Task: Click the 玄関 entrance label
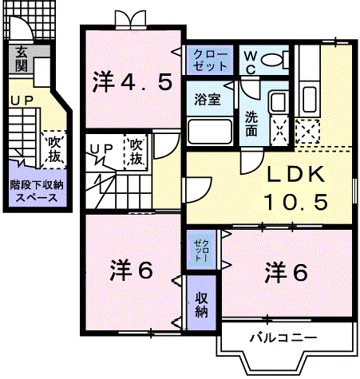22,60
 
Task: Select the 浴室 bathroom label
208,100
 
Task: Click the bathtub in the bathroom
209,132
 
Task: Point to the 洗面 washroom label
251,124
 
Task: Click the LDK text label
295,175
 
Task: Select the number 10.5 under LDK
295,202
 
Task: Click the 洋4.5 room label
132,82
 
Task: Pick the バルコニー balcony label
283,338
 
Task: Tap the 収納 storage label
201,305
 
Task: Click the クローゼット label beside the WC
210,61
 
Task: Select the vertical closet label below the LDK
201,250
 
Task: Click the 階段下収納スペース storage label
37,191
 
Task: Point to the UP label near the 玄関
22,101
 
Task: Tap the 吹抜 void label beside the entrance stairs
54,150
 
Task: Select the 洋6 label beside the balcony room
286,272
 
